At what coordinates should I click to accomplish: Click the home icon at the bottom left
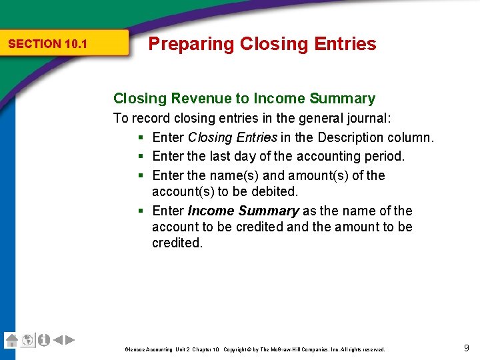click(x=11, y=340)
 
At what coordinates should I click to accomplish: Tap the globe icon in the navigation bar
click(x=27, y=340)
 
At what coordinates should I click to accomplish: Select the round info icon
click(x=43, y=340)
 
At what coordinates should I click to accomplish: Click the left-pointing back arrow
click(x=58, y=340)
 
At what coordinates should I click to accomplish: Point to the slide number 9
click(x=466, y=347)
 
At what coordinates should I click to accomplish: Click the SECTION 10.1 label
click(x=47, y=44)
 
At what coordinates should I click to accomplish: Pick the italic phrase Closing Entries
click(x=232, y=137)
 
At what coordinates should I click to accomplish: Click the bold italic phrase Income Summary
click(x=243, y=211)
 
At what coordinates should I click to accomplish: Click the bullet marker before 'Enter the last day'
click(x=141, y=156)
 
